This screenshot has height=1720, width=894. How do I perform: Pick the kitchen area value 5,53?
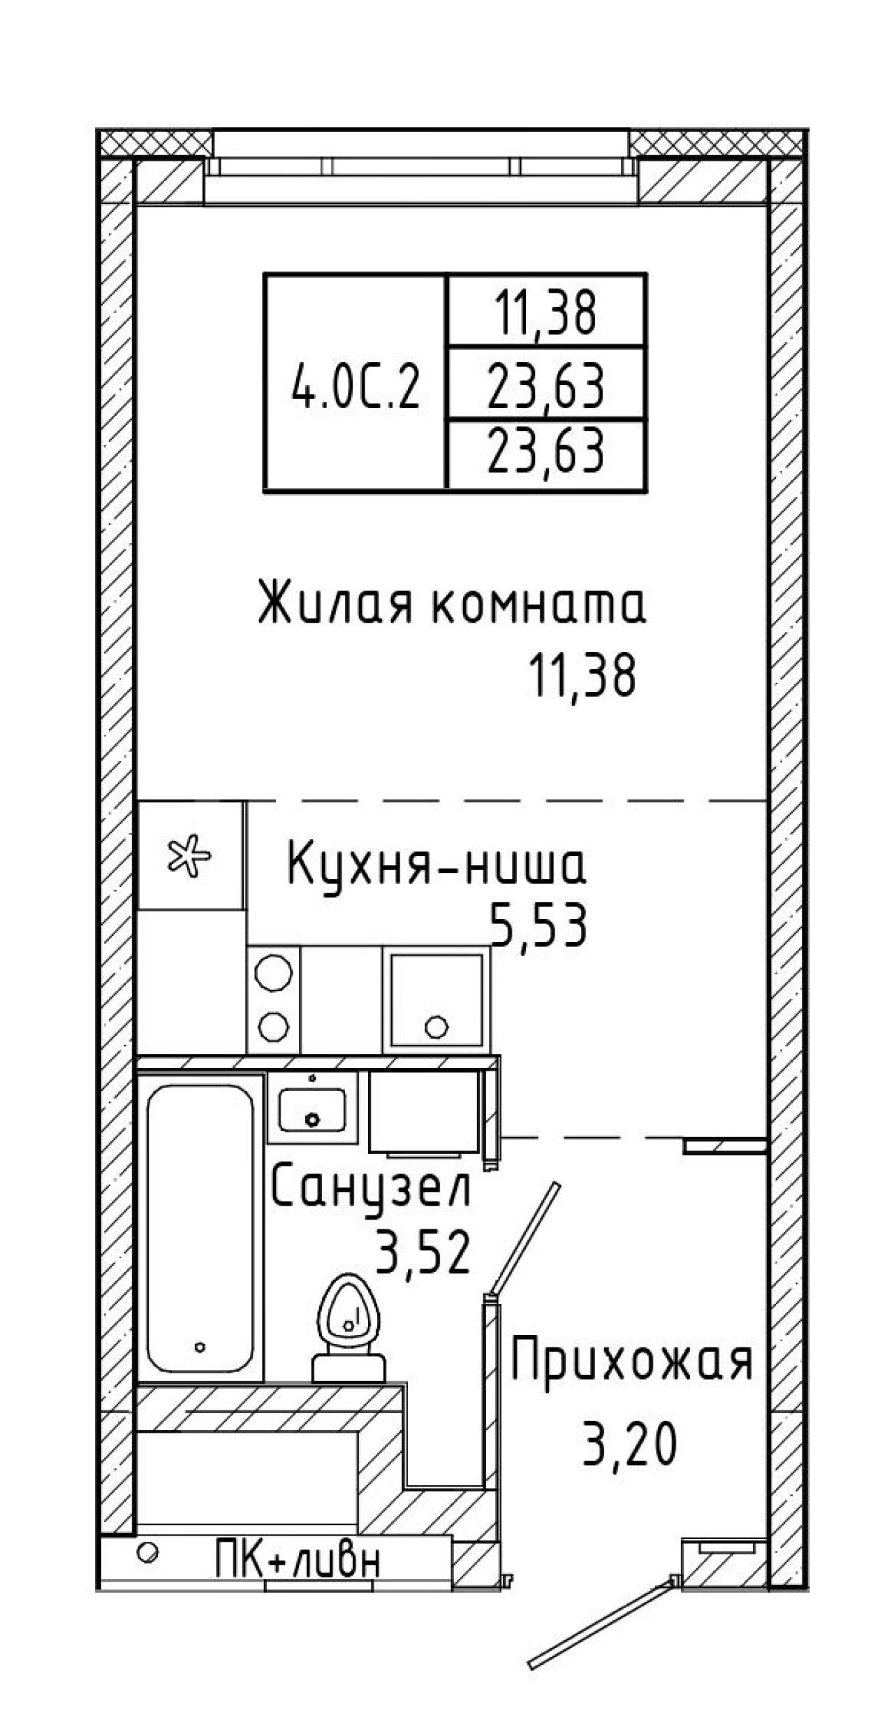point(538,925)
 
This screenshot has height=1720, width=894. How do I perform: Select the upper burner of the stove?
point(273,971)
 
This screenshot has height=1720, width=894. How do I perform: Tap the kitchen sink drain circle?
point(437,1027)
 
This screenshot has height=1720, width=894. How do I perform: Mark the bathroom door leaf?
point(526,1238)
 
